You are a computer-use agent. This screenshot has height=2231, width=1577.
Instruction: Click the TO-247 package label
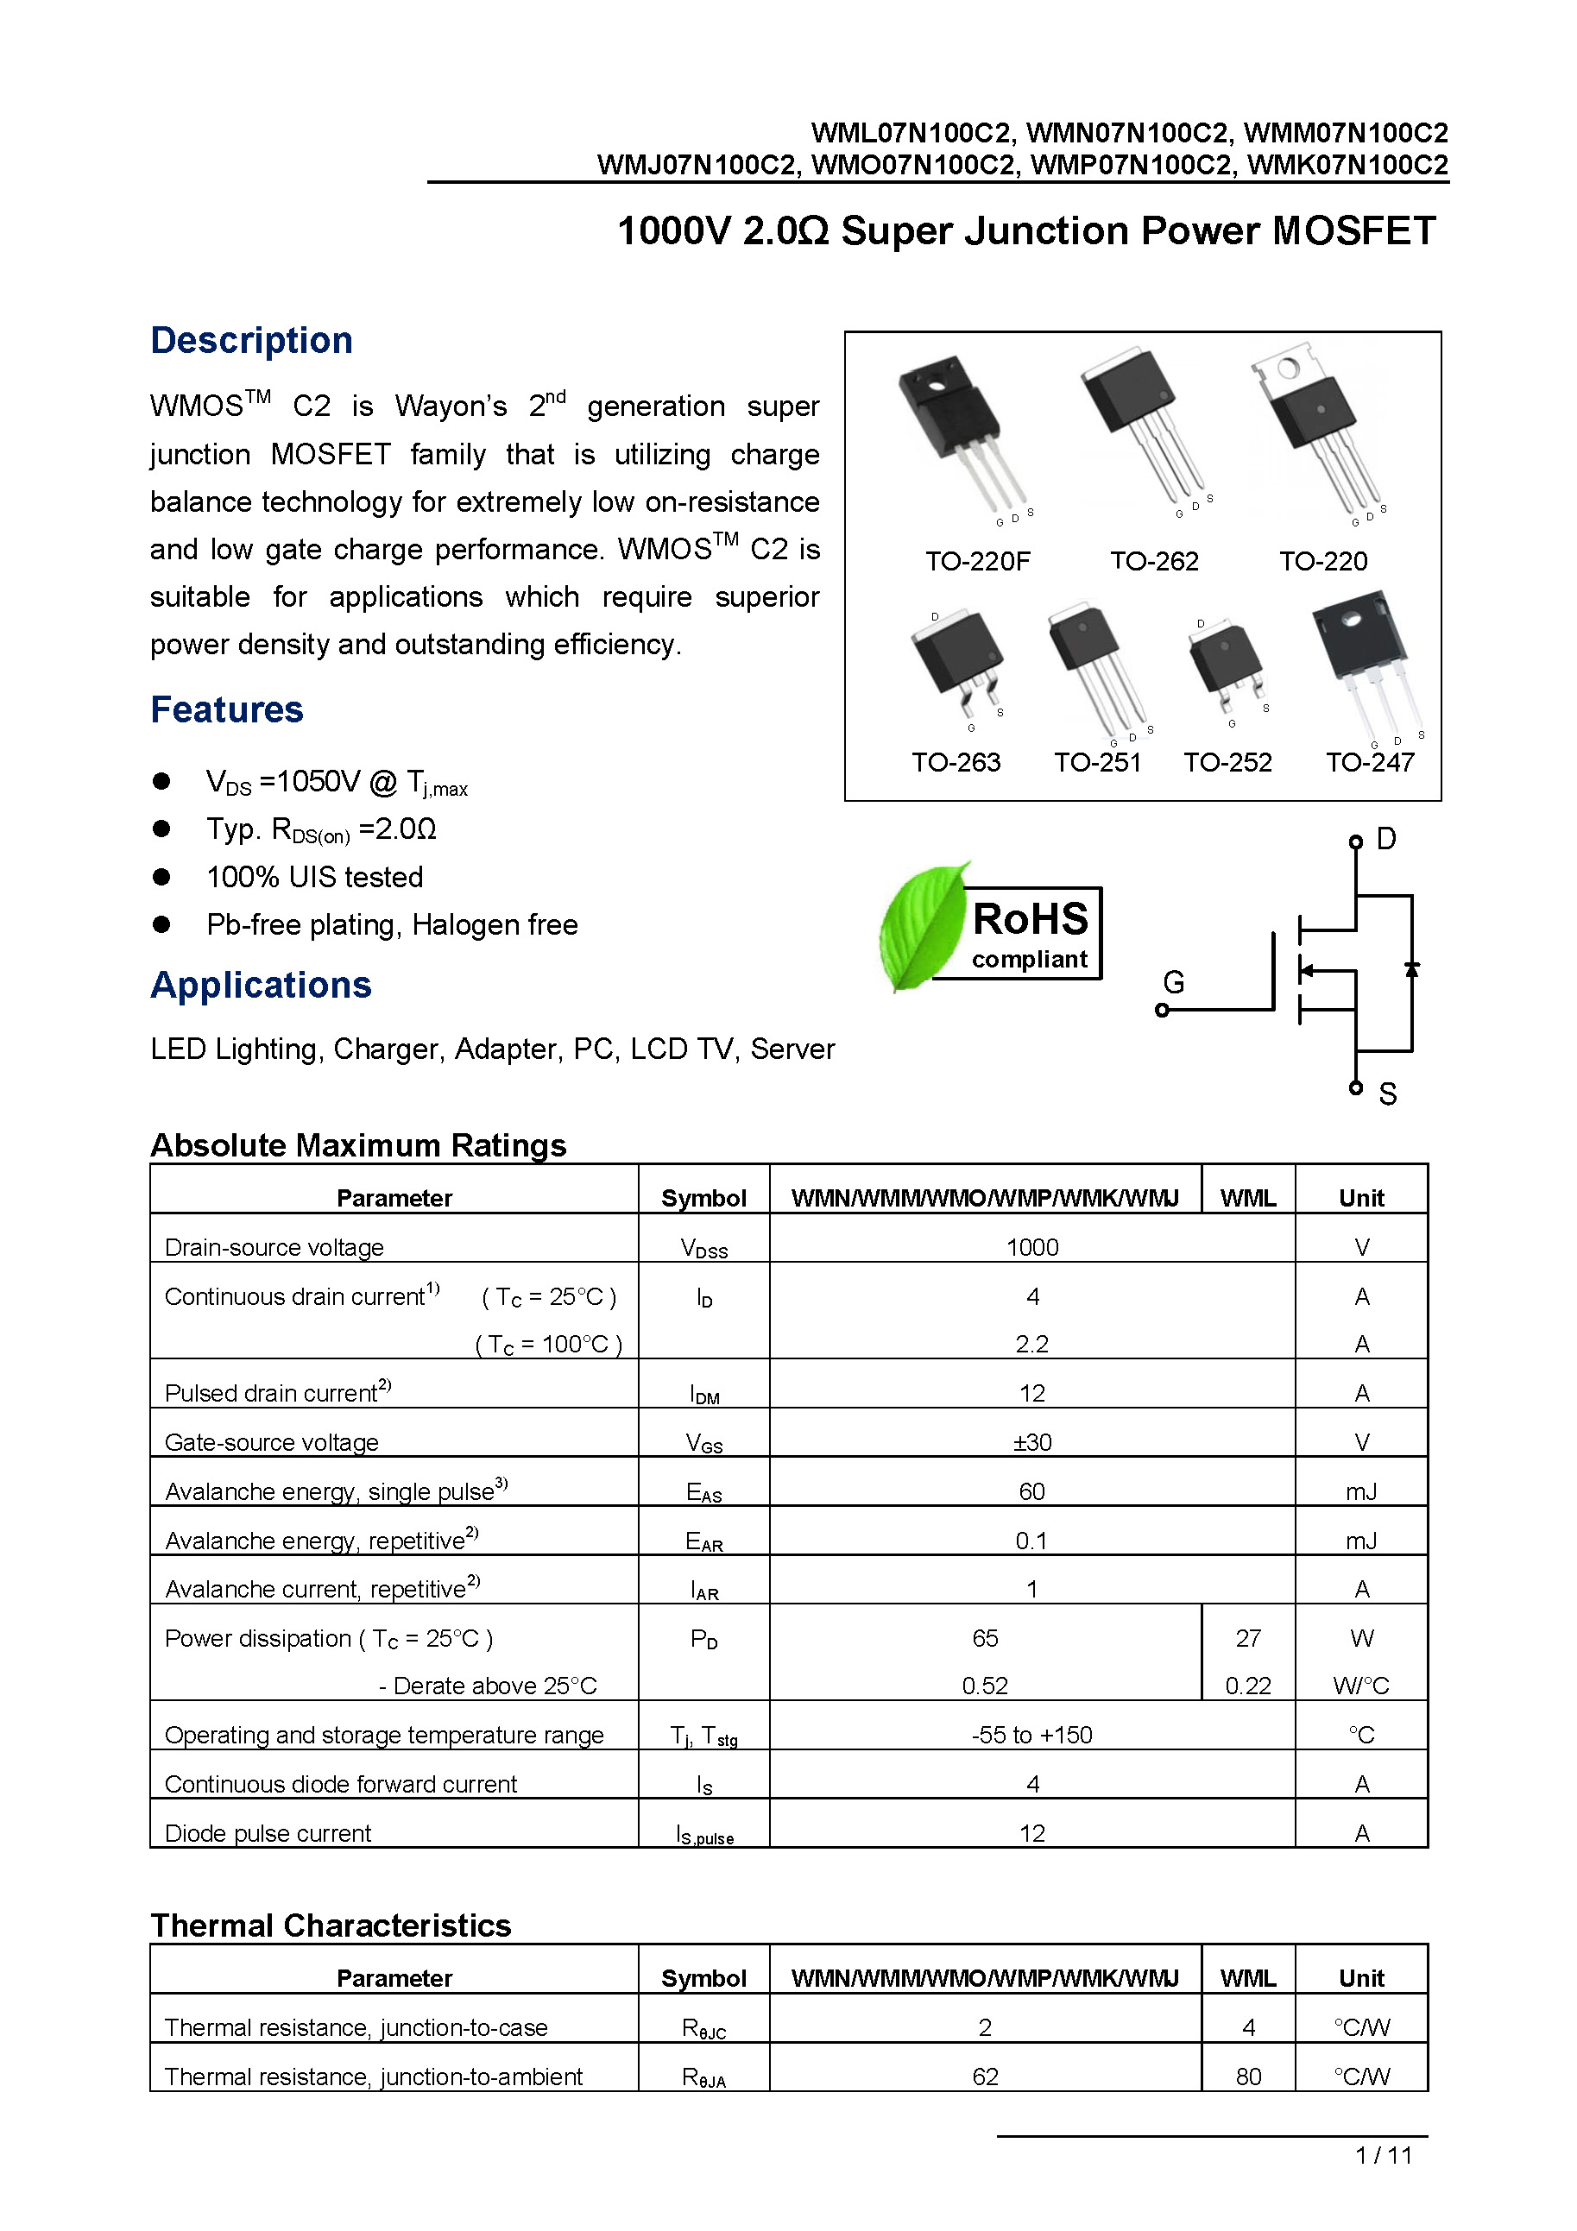(x=1369, y=762)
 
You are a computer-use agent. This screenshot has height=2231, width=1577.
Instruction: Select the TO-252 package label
(x=1227, y=762)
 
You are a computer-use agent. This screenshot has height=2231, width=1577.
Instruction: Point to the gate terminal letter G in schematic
(x=1174, y=982)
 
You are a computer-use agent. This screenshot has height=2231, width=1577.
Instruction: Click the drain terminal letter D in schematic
(x=1386, y=839)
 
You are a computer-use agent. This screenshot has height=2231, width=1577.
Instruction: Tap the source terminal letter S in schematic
(x=1387, y=1094)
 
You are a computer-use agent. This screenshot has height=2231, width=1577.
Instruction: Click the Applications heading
(x=261, y=986)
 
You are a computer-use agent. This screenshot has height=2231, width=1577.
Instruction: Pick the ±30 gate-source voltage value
(x=1031, y=1442)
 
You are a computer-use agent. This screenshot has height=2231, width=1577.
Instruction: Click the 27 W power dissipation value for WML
(x=1247, y=1638)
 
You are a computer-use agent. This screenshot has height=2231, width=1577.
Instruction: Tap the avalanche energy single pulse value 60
(x=1031, y=1491)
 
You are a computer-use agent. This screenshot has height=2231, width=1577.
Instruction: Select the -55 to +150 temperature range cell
(x=1031, y=1735)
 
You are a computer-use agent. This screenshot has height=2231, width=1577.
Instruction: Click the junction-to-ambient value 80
(x=1247, y=2077)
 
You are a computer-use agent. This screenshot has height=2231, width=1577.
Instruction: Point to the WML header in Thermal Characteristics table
(x=1247, y=1978)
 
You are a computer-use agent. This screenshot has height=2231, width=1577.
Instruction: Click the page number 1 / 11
(x=1384, y=2155)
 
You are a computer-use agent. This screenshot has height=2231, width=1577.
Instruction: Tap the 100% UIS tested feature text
(x=315, y=878)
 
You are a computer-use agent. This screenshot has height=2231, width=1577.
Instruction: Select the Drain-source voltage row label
(x=274, y=1246)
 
